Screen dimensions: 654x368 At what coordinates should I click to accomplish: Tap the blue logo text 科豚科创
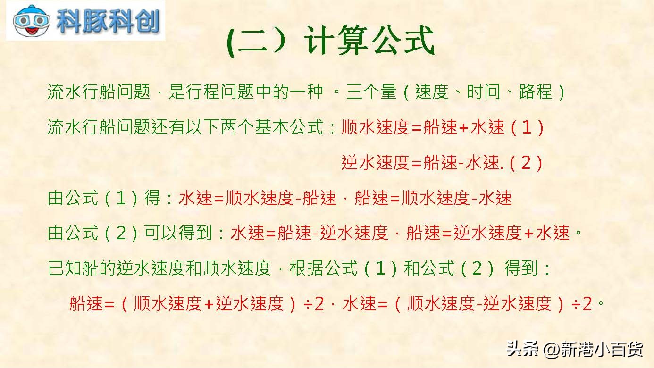(x=108, y=21)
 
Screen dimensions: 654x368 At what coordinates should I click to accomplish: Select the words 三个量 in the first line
(x=371, y=92)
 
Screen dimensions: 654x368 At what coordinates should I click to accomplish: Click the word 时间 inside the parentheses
(x=484, y=92)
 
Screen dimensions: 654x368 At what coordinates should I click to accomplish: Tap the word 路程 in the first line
(x=536, y=92)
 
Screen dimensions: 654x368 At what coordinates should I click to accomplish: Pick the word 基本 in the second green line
(x=272, y=127)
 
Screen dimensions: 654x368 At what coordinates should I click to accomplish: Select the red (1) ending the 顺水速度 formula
(x=527, y=127)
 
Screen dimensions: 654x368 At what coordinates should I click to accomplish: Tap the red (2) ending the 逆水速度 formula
(x=526, y=163)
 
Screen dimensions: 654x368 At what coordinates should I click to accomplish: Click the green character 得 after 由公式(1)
(x=152, y=198)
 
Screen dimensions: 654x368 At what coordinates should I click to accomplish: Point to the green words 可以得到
(x=178, y=233)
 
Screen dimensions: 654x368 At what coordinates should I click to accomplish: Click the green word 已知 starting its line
(x=65, y=268)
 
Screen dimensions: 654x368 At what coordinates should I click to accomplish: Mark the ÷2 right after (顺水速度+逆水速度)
(x=314, y=304)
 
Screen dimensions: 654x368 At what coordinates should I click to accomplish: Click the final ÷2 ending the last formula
(x=582, y=304)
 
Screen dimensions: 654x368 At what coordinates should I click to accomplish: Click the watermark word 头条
(x=522, y=349)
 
